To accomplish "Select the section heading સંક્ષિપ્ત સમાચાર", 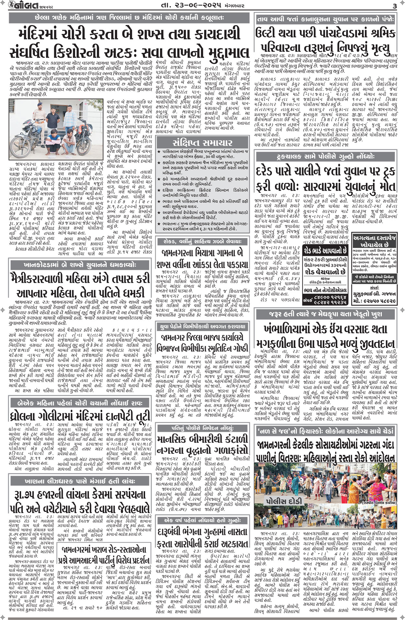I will coord(202,143).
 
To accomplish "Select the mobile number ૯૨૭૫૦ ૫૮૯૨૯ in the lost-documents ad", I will coord(378,301).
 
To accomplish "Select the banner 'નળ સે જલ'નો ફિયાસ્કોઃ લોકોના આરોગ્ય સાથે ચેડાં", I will coord(325,431).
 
